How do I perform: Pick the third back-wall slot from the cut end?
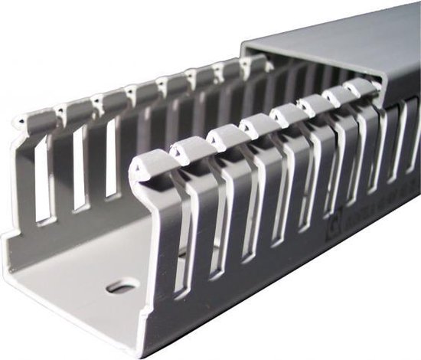coord(112,157)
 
